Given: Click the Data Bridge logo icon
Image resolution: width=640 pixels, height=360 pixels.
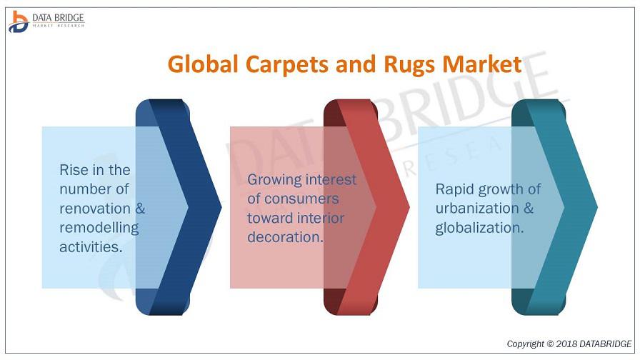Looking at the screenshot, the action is click(18, 21).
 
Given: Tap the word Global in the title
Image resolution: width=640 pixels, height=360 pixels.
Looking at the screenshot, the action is click(203, 64).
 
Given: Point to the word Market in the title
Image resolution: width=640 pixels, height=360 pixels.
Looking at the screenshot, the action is click(482, 64).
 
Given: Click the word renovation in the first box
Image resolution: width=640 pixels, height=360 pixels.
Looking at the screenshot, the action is click(95, 209).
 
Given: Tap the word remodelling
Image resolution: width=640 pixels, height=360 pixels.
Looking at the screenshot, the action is click(99, 228).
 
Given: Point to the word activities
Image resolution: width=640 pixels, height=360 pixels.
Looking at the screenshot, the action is click(91, 247).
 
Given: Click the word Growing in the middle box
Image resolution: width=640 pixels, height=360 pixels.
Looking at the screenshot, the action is click(274, 180).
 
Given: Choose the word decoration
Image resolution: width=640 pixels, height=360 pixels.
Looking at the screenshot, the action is click(285, 237).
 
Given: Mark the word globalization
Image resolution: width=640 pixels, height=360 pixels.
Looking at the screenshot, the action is click(479, 228).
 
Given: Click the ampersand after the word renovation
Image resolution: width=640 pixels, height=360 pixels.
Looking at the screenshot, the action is click(140, 209).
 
